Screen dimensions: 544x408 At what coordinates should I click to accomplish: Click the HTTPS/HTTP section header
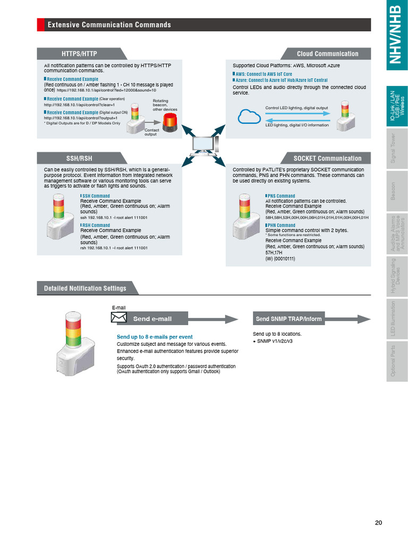[x=80, y=54]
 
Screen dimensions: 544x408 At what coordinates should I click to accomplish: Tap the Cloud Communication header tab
[x=327, y=54]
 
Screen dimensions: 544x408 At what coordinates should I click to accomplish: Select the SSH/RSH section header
[x=80, y=158]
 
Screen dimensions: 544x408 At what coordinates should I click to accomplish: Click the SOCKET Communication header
[x=327, y=158]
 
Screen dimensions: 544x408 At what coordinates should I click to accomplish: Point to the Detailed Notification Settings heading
[x=85, y=288]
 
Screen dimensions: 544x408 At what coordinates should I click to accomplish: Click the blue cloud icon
[x=248, y=116]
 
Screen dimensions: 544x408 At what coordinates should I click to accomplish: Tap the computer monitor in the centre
[x=204, y=144]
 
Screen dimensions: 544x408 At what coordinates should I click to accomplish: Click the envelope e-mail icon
[x=118, y=318]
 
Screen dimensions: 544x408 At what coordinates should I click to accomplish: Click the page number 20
[x=378, y=523]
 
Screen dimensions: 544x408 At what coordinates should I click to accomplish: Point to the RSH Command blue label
[x=96, y=225]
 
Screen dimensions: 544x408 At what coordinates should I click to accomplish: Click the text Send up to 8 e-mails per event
[x=155, y=337]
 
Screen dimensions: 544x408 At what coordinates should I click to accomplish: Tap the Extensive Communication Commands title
[x=109, y=25]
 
